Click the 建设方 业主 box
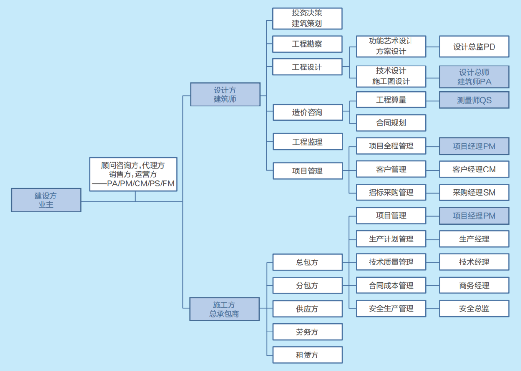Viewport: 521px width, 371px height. (46, 200)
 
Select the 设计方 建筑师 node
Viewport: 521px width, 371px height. (225, 94)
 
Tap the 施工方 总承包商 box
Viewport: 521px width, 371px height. (224, 309)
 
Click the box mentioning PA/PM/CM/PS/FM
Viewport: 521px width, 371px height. (133, 174)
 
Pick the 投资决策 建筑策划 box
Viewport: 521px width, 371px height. (307, 18)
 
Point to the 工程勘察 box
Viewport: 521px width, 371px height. (307, 44)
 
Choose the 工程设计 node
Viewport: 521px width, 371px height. (307, 67)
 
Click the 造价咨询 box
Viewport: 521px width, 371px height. (307, 112)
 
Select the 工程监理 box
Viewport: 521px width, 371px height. (307, 142)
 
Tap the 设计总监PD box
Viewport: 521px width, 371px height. (474, 47)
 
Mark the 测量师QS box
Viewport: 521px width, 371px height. (474, 100)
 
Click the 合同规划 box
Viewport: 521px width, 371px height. (391, 123)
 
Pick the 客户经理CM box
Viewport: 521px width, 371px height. (474, 169)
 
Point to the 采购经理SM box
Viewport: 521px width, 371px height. (474, 192)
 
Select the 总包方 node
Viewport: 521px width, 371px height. (307, 263)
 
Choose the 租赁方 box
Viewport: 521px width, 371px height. (307, 355)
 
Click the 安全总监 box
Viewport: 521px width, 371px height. (474, 308)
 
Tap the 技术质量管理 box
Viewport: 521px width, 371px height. (391, 262)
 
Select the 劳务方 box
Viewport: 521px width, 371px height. (307, 332)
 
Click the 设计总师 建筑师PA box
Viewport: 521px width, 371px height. (474, 77)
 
